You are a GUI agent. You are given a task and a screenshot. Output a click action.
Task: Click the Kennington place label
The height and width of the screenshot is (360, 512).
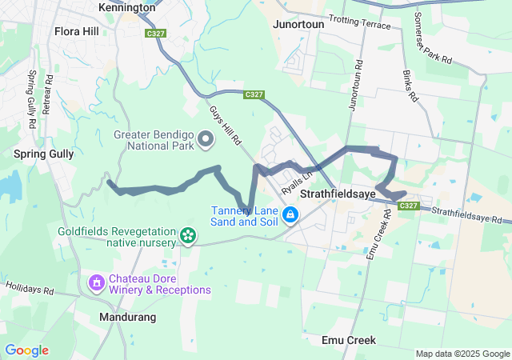pyautogui.click(x=126, y=7)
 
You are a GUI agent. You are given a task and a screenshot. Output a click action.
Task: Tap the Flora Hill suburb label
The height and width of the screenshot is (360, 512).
pyautogui.click(x=77, y=32)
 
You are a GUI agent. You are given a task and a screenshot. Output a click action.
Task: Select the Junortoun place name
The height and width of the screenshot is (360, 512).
pyautogui.click(x=299, y=25)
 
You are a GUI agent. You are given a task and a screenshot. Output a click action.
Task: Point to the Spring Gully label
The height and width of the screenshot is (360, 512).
pyautogui.click(x=44, y=153)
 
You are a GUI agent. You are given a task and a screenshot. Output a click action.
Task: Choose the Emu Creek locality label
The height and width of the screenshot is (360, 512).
pyautogui.click(x=348, y=340)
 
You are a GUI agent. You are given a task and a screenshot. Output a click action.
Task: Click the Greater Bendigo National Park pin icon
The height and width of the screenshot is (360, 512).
pyautogui.click(x=206, y=140)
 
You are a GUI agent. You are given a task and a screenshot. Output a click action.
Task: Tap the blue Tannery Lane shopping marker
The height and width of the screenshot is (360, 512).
pyautogui.click(x=290, y=214)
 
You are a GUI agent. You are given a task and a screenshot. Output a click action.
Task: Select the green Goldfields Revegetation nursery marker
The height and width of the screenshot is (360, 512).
pyautogui.click(x=187, y=235)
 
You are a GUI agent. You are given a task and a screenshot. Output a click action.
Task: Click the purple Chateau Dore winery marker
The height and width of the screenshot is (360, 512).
pyautogui.click(x=97, y=282)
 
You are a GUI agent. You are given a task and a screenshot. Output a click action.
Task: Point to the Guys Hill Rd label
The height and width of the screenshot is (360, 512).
pyautogui.click(x=226, y=126)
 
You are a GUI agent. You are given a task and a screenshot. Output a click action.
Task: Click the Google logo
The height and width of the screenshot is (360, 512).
pyautogui.click(x=26, y=350)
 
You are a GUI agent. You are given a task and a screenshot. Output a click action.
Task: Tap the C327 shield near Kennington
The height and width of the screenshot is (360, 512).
pyautogui.click(x=155, y=34)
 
